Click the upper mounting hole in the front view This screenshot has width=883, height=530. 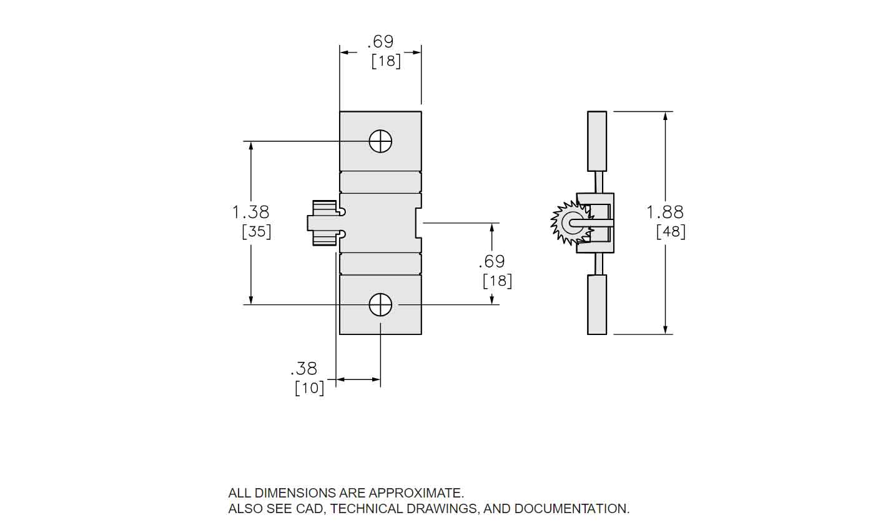(x=380, y=141)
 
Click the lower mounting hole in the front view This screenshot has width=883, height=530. (x=380, y=305)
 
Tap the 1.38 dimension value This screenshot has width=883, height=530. (x=250, y=212)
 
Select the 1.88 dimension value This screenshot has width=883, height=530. (x=665, y=212)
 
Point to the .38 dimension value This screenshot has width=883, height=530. (x=304, y=369)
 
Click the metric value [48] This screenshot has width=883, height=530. (x=671, y=232)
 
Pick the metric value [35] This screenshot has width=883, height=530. (x=256, y=232)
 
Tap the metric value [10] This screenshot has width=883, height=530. (x=309, y=388)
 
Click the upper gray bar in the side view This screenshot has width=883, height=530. (x=597, y=141)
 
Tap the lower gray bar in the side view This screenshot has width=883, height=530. (x=597, y=304)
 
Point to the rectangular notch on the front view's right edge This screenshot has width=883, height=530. (x=418, y=223)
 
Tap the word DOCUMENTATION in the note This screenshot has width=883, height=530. (x=571, y=509)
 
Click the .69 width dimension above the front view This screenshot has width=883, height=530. (x=380, y=42)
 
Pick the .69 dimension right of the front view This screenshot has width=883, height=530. (x=491, y=261)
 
